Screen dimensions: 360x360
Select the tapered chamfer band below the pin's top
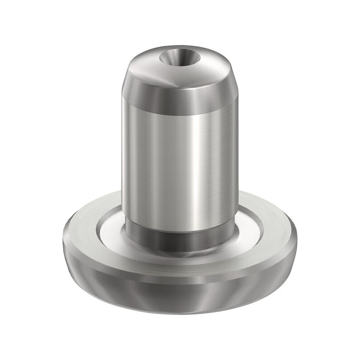[180, 97]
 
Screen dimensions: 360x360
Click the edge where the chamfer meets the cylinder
[180, 109]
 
